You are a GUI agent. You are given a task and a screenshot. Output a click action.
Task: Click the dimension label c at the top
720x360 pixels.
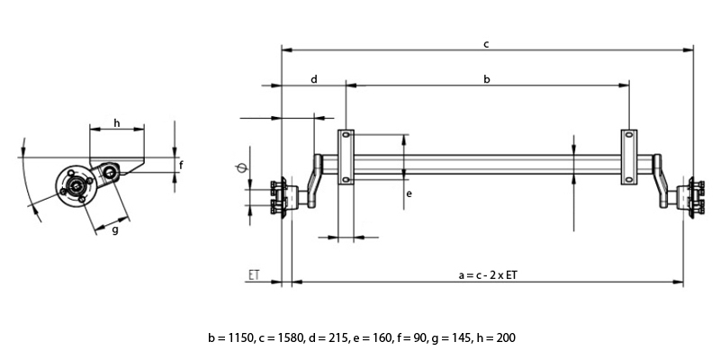click(x=486, y=42)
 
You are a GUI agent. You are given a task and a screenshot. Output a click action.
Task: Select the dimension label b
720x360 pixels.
click(x=487, y=80)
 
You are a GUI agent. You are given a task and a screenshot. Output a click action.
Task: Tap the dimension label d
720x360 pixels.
click(x=314, y=80)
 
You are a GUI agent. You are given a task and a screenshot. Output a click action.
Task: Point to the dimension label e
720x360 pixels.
click(x=409, y=193)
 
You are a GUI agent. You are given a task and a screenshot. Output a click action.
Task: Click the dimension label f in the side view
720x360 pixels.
click(x=181, y=165)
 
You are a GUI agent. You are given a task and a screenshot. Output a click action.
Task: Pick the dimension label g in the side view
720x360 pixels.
click(x=115, y=229)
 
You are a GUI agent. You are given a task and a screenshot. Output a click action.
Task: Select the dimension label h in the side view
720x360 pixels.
click(x=116, y=122)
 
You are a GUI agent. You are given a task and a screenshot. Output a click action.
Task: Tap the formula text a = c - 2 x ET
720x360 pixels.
click(x=487, y=274)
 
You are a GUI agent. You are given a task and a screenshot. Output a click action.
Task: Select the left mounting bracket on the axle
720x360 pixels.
click(x=346, y=157)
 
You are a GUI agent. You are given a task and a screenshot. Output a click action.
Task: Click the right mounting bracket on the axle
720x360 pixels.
click(x=629, y=157)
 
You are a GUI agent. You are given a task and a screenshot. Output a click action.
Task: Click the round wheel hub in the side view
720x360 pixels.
click(x=74, y=186)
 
